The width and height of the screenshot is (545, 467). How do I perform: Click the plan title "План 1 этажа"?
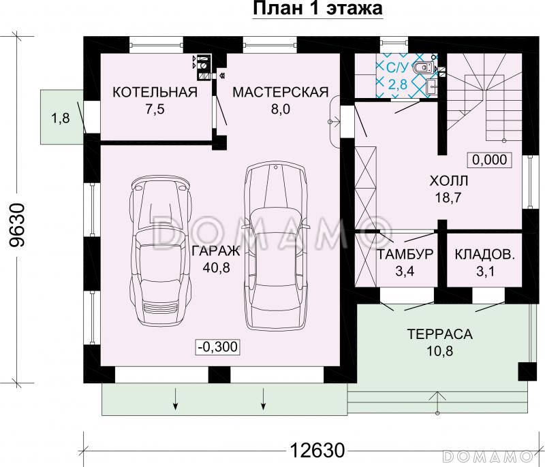[317, 8]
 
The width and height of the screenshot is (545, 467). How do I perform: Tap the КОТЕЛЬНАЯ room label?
[155, 93]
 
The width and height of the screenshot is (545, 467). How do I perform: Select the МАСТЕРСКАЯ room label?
[281, 93]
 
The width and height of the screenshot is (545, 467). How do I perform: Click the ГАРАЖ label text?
[216, 251]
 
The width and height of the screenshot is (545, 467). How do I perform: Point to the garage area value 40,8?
[216, 268]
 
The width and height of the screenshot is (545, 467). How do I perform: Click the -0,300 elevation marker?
[218, 347]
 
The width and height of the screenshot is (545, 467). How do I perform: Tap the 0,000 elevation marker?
[489, 160]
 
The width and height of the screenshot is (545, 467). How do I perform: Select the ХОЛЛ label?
[449, 181]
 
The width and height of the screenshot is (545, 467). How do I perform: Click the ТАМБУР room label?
[405, 254]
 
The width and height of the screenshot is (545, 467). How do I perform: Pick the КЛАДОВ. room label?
[485, 254]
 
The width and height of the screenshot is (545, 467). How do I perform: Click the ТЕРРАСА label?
[439, 334]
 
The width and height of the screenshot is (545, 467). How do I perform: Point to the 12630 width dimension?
[317, 451]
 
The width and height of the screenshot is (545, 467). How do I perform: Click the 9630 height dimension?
[18, 225]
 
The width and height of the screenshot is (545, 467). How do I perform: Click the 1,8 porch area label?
[61, 118]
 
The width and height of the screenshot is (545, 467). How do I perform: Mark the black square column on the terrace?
[527, 372]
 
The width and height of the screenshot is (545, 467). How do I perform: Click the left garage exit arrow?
[176, 398]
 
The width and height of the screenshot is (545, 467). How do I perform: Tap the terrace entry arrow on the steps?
[437, 402]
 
